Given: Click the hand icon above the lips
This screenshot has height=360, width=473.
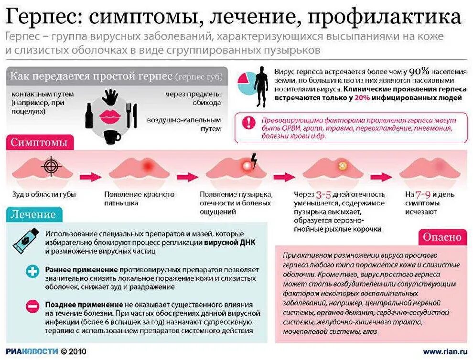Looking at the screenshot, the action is [x=111, y=97].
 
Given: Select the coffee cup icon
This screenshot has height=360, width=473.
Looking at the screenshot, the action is [x=112, y=137].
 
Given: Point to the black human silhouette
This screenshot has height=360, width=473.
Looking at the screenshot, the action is [x=261, y=86].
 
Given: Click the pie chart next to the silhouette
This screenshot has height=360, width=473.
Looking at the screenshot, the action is [x=247, y=84].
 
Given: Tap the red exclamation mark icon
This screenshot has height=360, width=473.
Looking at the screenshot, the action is [x=248, y=122].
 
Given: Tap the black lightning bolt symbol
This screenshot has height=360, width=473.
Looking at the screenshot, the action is [x=254, y=160].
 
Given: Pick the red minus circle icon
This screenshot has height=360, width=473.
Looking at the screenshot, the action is [x=32, y=305].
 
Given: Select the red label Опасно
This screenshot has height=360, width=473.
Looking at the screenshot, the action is [x=442, y=237].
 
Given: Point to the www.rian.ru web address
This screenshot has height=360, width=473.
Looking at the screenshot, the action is [x=444, y=352].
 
